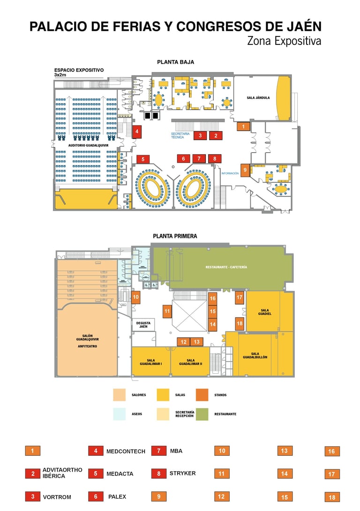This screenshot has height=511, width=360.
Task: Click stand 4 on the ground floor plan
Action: (136, 132)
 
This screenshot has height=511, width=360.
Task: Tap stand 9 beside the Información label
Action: (245, 170)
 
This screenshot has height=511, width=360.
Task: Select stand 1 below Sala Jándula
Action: (243, 126)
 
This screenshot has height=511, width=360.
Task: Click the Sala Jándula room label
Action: (258, 98)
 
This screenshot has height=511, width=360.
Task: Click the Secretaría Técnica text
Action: (180, 135)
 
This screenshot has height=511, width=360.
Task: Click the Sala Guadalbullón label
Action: (255, 355)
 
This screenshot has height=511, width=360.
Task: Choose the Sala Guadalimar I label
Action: (150, 362)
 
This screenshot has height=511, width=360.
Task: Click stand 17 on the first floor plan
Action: (240, 297)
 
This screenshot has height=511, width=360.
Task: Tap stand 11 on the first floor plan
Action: (167, 311)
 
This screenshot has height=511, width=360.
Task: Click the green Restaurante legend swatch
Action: (202, 414)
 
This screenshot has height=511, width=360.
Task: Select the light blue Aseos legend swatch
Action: (120, 414)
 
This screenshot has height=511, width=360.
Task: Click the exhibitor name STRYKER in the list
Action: (182, 473)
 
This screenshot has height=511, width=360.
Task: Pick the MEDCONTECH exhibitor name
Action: (126, 452)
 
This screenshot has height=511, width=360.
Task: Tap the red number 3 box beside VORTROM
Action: (32, 496)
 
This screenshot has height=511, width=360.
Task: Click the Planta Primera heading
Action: (175, 236)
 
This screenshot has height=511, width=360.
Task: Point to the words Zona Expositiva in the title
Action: (284, 41)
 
